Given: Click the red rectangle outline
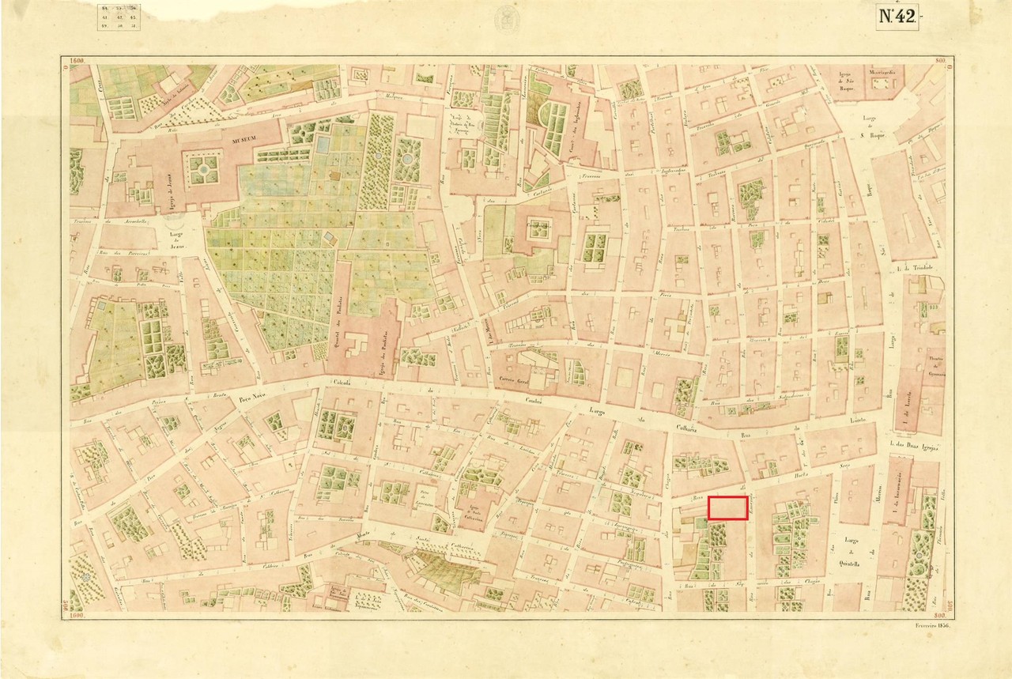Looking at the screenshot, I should [x=727, y=507].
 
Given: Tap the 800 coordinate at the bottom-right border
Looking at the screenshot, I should [x=939, y=615].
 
